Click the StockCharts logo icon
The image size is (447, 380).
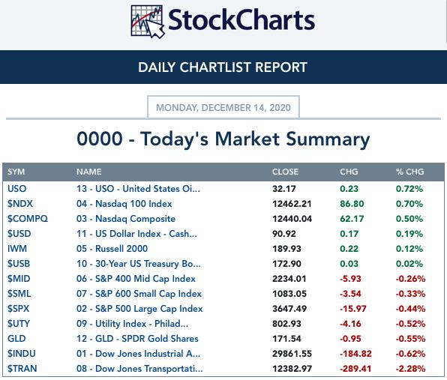(148, 22)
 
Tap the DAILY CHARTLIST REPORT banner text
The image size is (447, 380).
(223, 67)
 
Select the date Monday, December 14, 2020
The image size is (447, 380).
(223, 108)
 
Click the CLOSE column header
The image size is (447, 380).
(285, 172)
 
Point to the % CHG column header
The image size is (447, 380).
(409, 172)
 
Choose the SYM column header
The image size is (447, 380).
(16, 172)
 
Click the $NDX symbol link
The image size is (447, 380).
(20, 204)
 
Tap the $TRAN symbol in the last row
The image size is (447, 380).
(22, 368)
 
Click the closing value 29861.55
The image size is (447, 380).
(292, 354)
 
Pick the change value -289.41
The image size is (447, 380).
(355, 369)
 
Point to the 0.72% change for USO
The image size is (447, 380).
(409, 189)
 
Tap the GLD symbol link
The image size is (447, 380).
(16, 339)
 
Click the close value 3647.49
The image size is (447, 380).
(289, 309)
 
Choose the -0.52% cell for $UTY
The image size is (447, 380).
(410, 324)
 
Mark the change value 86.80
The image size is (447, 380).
(352, 204)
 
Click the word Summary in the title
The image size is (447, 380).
(328, 139)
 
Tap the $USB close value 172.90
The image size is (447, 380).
(286, 264)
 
